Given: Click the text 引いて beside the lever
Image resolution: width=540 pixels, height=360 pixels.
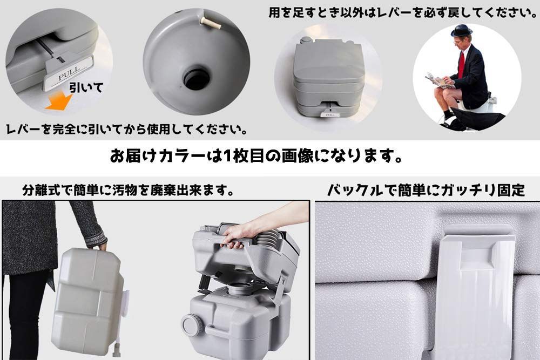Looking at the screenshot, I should click(x=85, y=87).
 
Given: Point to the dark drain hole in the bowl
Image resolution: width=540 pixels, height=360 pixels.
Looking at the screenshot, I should click(x=196, y=78).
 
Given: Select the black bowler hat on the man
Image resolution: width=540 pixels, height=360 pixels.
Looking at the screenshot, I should click(x=461, y=30).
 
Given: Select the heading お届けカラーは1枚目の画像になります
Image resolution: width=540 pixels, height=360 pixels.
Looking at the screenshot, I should click(x=256, y=157).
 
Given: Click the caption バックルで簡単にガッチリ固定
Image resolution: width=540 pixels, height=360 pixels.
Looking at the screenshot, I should click(x=426, y=190).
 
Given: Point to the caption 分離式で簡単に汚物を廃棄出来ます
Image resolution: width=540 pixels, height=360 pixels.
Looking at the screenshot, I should click(x=128, y=191).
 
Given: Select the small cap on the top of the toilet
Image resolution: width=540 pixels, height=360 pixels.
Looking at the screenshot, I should click(x=306, y=40).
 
